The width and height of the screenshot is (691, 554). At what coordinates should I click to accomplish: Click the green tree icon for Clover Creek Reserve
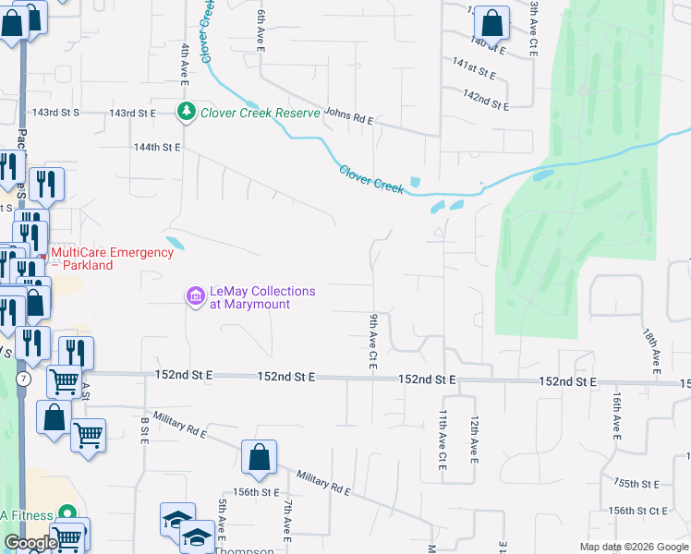click(186, 112)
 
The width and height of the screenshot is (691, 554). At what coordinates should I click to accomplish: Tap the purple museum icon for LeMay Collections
click(196, 296)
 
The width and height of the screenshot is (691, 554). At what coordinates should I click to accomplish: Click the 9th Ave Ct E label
click(373, 342)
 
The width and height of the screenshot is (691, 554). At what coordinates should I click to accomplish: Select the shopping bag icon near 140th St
click(493, 22)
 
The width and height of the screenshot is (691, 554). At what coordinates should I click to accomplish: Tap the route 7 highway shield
click(21, 379)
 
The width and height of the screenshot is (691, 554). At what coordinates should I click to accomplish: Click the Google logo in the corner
click(30, 543)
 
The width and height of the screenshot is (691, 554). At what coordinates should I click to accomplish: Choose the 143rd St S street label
click(56, 113)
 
